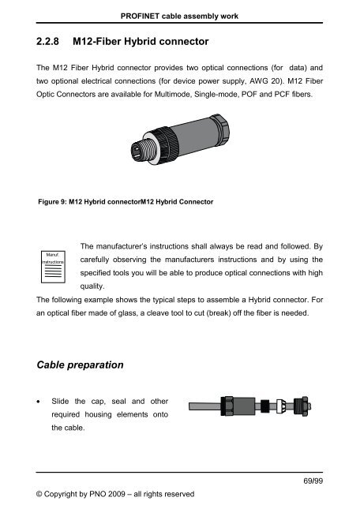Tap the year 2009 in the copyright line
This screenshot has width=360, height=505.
[x=113, y=495]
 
